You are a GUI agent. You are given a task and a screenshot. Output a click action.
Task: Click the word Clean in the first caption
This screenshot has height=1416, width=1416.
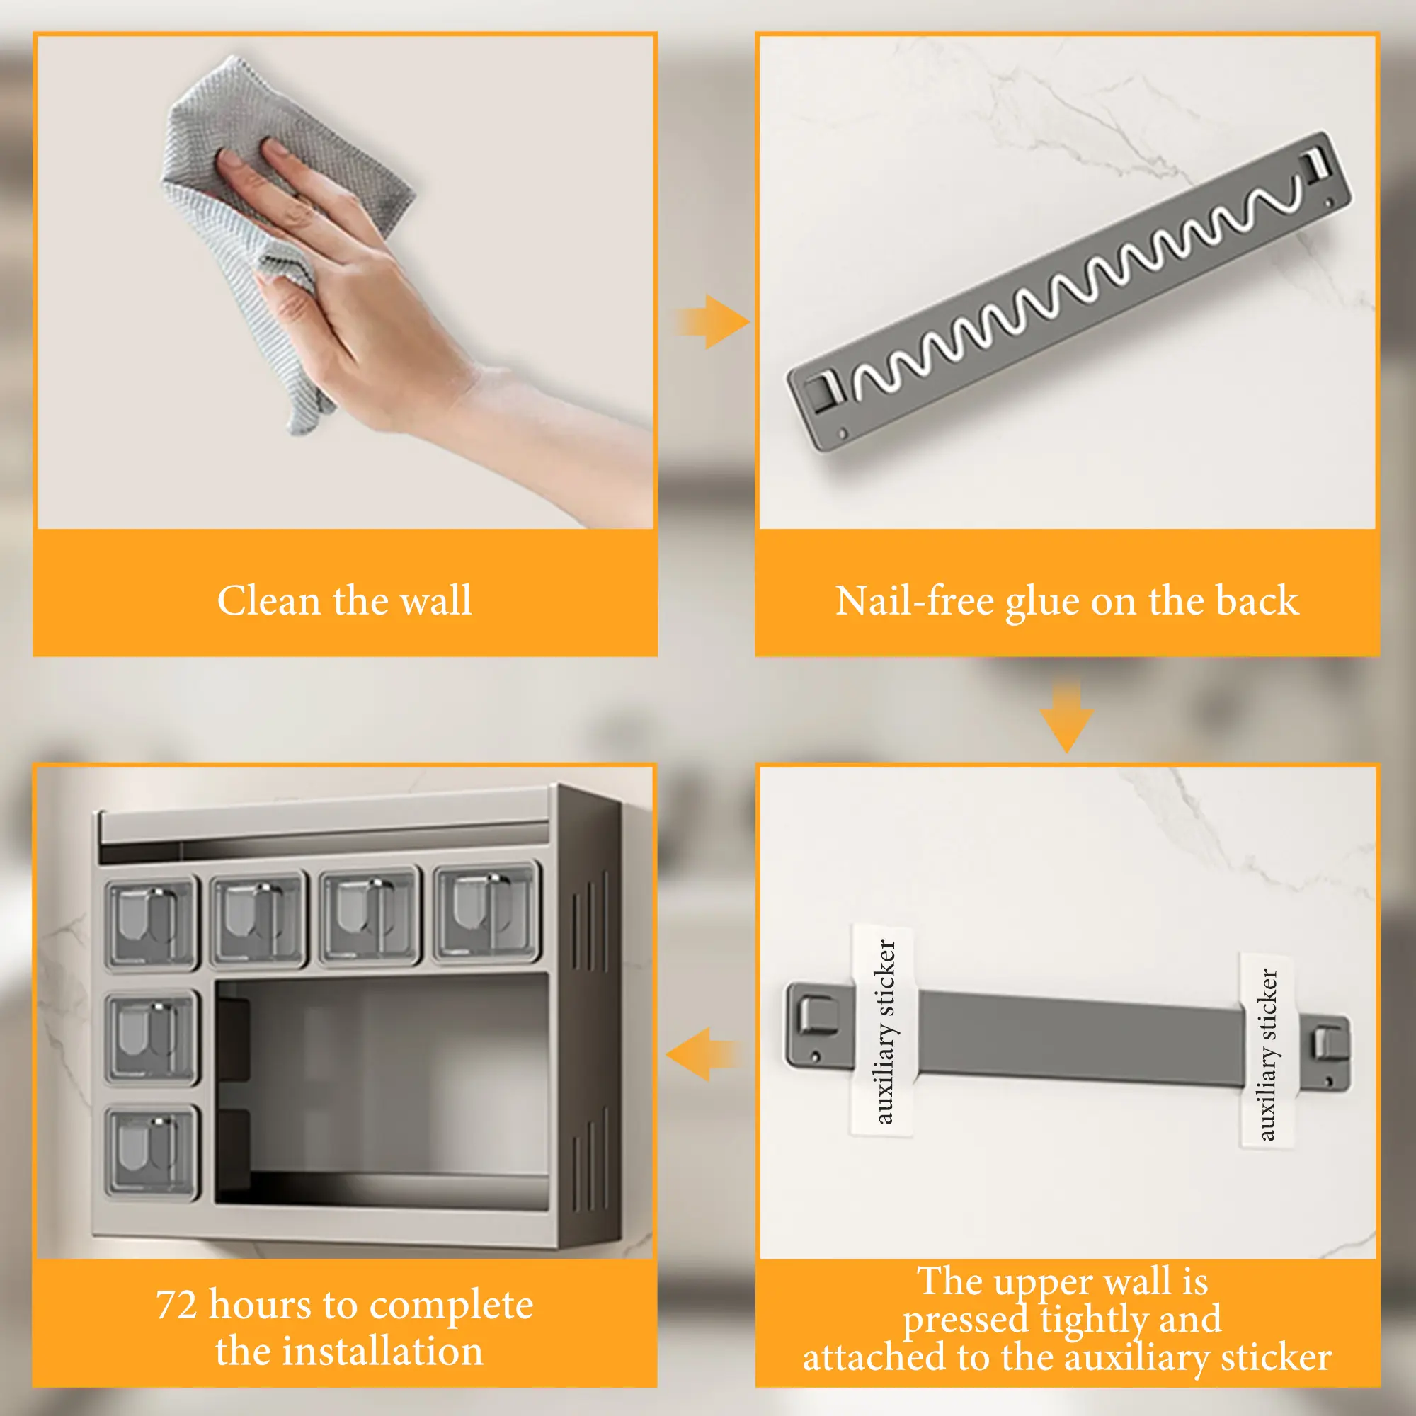(269, 601)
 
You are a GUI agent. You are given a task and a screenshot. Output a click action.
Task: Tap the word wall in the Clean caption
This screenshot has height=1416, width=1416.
(436, 601)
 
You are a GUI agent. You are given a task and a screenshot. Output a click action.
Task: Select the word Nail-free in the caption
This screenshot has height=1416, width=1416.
(915, 602)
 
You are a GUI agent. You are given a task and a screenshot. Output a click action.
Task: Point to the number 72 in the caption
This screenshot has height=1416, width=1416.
(176, 1306)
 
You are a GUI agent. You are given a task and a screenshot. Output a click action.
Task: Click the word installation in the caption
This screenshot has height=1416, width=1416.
(383, 1351)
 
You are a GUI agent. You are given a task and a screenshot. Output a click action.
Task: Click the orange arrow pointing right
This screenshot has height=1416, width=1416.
(711, 321)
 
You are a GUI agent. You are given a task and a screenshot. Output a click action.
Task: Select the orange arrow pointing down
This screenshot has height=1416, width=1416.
(1067, 716)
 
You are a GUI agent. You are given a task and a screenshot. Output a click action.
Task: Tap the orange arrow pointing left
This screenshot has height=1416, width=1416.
(704, 1055)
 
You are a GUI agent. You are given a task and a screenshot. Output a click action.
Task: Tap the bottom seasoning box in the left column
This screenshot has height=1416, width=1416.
(152, 1153)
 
